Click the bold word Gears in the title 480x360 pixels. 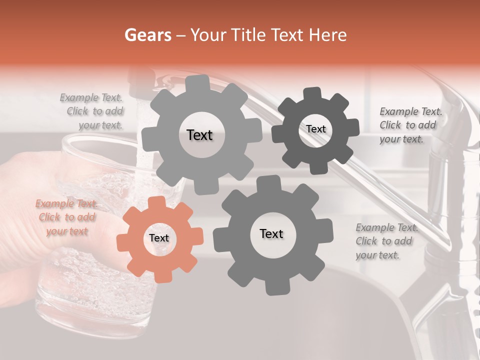tap(145, 35)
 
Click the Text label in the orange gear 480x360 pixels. tap(159, 238)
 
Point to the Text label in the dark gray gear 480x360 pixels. tap(315, 129)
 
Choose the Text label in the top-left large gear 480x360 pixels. tap(199, 135)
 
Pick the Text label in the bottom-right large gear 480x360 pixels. tap(271, 234)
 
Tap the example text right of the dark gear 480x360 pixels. tap(410, 125)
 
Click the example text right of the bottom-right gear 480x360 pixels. tap(386, 241)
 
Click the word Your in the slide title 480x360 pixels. tap(206, 35)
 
